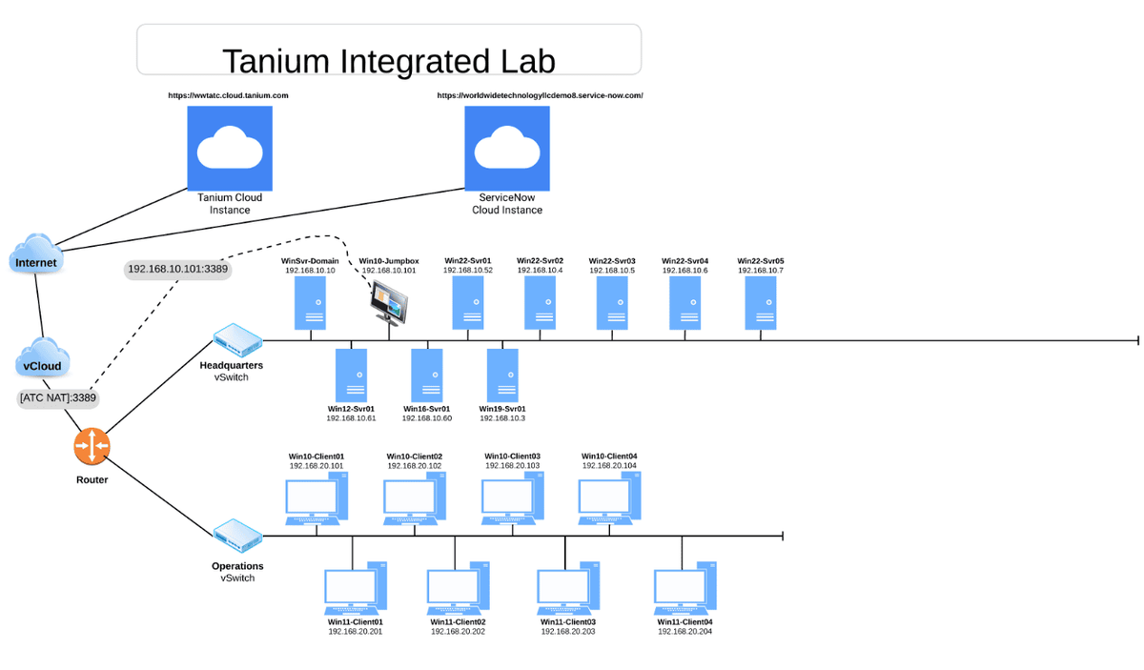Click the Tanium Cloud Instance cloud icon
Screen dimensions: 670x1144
(229, 148)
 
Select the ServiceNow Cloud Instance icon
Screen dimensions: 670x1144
(507, 148)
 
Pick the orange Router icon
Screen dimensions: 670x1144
(92, 444)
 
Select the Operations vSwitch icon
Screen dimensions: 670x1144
(236, 536)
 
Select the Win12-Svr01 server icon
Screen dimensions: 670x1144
(351, 375)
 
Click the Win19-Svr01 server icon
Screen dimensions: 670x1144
(502, 375)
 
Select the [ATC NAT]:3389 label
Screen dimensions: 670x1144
(57, 397)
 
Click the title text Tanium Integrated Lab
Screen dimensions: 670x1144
(388, 60)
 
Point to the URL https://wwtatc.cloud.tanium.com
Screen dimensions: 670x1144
(228, 95)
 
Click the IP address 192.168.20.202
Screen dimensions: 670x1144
(458, 632)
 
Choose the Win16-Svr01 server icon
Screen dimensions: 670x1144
(426, 375)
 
